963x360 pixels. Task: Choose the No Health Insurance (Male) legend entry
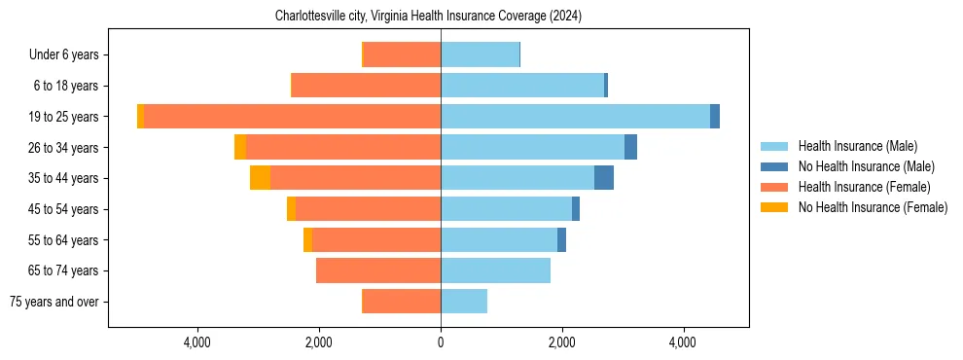(x=866, y=166)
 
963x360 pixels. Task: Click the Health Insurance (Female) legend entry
(x=864, y=187)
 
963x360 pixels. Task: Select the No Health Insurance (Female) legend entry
(x=873, y=207)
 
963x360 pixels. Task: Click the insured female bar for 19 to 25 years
(x=292, y=117)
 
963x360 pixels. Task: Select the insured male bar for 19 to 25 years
(x=575, y=117)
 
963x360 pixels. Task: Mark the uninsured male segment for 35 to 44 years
(x=604, y=178)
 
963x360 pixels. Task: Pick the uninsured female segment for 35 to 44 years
(x=260, y=178)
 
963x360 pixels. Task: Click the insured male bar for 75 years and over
(x=464, y=302)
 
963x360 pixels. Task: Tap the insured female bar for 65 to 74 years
(x=378, y=270)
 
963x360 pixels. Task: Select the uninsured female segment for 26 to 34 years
(x=240, y=147)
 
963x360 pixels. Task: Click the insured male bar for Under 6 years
(x=480, y=54)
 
